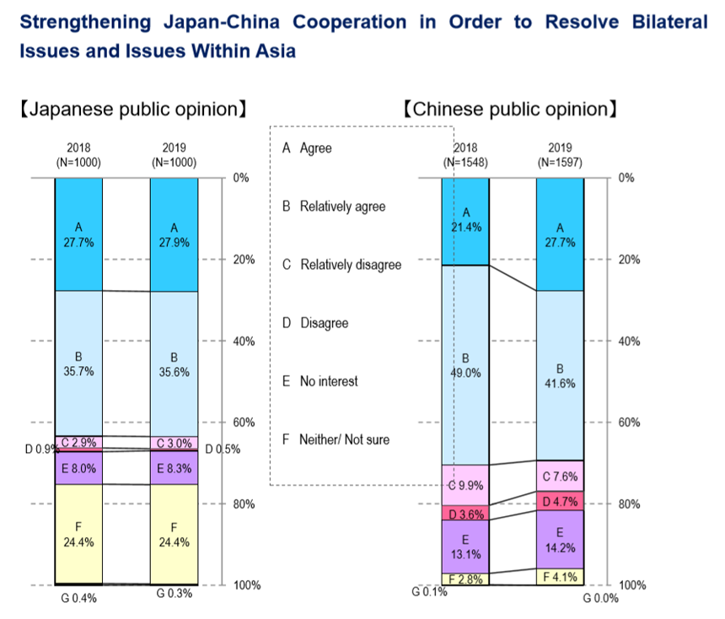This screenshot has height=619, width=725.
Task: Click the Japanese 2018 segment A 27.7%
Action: click(78, 234)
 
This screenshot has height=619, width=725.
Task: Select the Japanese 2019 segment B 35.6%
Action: click(174, 363)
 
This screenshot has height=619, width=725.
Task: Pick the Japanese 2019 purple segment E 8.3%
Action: click(174, 468)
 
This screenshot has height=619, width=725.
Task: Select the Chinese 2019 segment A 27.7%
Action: click(561, 234)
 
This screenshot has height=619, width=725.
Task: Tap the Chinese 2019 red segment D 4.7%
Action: click(561, 501)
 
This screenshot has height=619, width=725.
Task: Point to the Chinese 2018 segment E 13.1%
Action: click(465, 546)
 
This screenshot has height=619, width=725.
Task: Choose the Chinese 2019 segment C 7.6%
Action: click(561, 476)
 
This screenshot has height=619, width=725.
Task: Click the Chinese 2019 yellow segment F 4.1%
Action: click(561, 578)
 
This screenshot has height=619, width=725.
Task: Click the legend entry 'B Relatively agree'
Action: click(333, 206)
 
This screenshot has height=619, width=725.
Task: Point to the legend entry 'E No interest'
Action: click(320, 381)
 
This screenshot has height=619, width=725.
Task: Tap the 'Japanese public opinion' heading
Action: click(132, 110)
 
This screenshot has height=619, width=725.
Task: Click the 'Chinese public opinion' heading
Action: click(511, 110)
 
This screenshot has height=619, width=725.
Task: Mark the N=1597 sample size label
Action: click(560, 162)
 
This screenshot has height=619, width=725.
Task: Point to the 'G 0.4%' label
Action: click(78, 599)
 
